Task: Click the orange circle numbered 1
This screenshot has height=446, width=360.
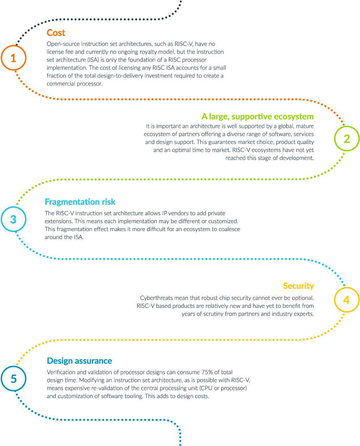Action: pos(13,58)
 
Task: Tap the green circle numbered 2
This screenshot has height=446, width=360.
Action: pos(347,139)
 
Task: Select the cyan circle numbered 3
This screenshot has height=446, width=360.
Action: pos(13,219)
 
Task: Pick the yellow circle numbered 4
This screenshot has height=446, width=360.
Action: pos(347,300)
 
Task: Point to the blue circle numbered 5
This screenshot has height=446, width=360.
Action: pos(13,379)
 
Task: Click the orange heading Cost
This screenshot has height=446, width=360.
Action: pos(56,33)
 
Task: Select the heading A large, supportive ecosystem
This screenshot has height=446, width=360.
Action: pos(257,116)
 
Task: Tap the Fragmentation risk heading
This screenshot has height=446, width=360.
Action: pos(80,202)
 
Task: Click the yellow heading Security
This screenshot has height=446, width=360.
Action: pos(298,286)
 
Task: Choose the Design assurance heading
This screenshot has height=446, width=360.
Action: pos(79,361)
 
